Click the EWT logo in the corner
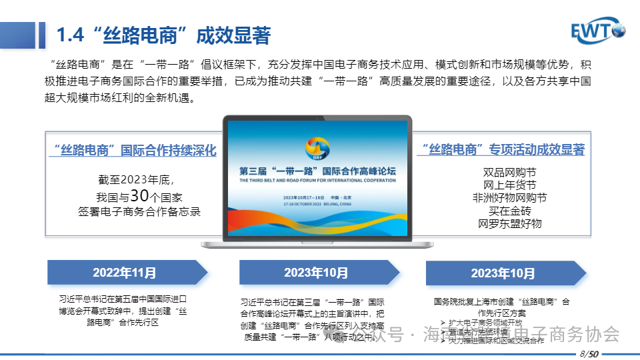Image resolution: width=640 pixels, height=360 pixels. (x=598, y=31)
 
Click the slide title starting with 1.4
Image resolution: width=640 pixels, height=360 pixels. (x=164, y=35)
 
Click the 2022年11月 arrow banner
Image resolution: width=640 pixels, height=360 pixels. (x=125, y=272)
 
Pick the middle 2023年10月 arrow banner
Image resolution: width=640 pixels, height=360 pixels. (x=317, y=272)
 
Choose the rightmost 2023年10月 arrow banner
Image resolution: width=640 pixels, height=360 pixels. (x=503, y=273)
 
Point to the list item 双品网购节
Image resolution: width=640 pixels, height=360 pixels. (x=510, y=173)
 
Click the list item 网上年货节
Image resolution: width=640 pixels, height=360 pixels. (x=510, y=185)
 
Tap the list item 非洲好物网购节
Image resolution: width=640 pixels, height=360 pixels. (x=510, y=198)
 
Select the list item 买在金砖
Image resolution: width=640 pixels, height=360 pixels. (x=510, y=211)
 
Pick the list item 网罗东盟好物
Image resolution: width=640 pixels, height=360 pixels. (x=510, y=223)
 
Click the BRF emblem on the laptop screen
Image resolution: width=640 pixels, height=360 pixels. (x=317, y=147)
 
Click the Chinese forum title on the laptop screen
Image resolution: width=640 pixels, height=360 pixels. (x=317, y=171)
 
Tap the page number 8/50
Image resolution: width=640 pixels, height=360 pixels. (x=588, y=353)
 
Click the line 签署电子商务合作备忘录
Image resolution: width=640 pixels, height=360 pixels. (x=139, y=211)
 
